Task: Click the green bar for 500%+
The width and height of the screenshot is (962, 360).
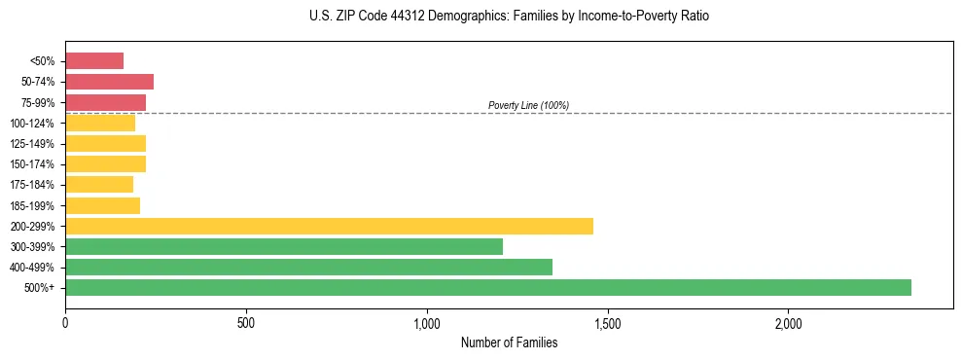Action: click(x=487, y=287)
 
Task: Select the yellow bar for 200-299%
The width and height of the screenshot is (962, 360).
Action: click(x=329, y=226)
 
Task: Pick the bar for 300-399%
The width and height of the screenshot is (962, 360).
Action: click(x=283, y=246)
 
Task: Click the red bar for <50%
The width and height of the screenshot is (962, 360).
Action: click(x=94, y=61)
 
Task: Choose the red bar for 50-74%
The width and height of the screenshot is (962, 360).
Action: click(x=109, y=82)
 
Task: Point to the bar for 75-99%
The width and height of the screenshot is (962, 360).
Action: click(x=105, y=102)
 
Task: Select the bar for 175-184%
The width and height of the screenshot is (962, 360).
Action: click(x=99, y=185)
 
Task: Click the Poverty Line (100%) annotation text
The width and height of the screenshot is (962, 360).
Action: click(x=528, y=105)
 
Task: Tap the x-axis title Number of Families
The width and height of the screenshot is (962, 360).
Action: click(x=509, y=342)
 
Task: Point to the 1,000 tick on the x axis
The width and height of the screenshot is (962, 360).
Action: click(x=427, y=322)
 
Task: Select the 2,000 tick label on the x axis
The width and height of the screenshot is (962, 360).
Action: click(x=788, y=322)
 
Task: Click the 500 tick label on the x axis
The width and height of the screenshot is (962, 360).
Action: click(x=246, y=322)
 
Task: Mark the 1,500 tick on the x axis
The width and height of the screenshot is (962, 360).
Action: click(x=607, y=322)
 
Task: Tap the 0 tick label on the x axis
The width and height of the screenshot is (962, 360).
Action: click(x=65, y=322)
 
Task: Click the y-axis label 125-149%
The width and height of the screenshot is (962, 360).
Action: click(x=32, y=144)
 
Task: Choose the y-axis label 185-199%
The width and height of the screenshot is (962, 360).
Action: click(x=32, y=205)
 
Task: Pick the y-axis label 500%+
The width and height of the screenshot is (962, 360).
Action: click(x=38, y=288)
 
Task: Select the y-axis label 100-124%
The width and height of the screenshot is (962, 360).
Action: click(x=32, y=124)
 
